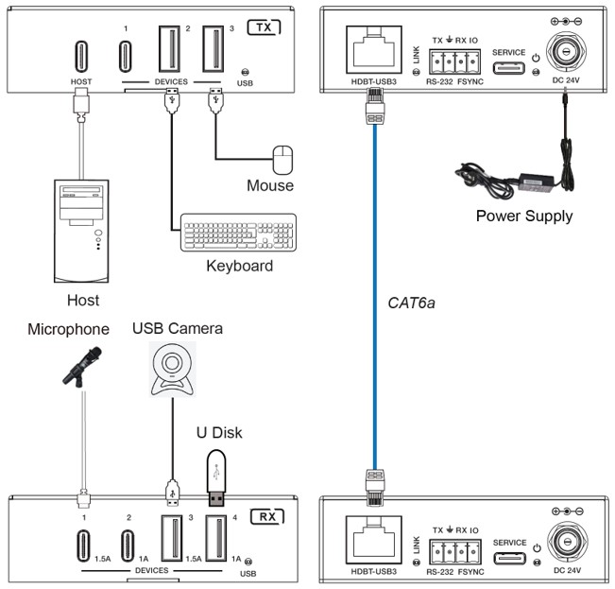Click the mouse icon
282,160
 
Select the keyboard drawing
238,233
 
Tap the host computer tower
81,231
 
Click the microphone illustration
82,367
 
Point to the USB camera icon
172,369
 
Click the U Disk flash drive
216,477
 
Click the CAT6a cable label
412,303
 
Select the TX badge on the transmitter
265,27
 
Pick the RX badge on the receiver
267,517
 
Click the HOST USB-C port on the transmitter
81,57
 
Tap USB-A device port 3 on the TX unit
214,48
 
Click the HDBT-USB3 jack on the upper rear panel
374,49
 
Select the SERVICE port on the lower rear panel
510,558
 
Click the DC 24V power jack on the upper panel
566,51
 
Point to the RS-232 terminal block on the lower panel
455,552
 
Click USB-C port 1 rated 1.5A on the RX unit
83,546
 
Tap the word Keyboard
240,266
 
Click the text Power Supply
524,217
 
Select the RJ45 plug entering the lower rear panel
375,488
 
